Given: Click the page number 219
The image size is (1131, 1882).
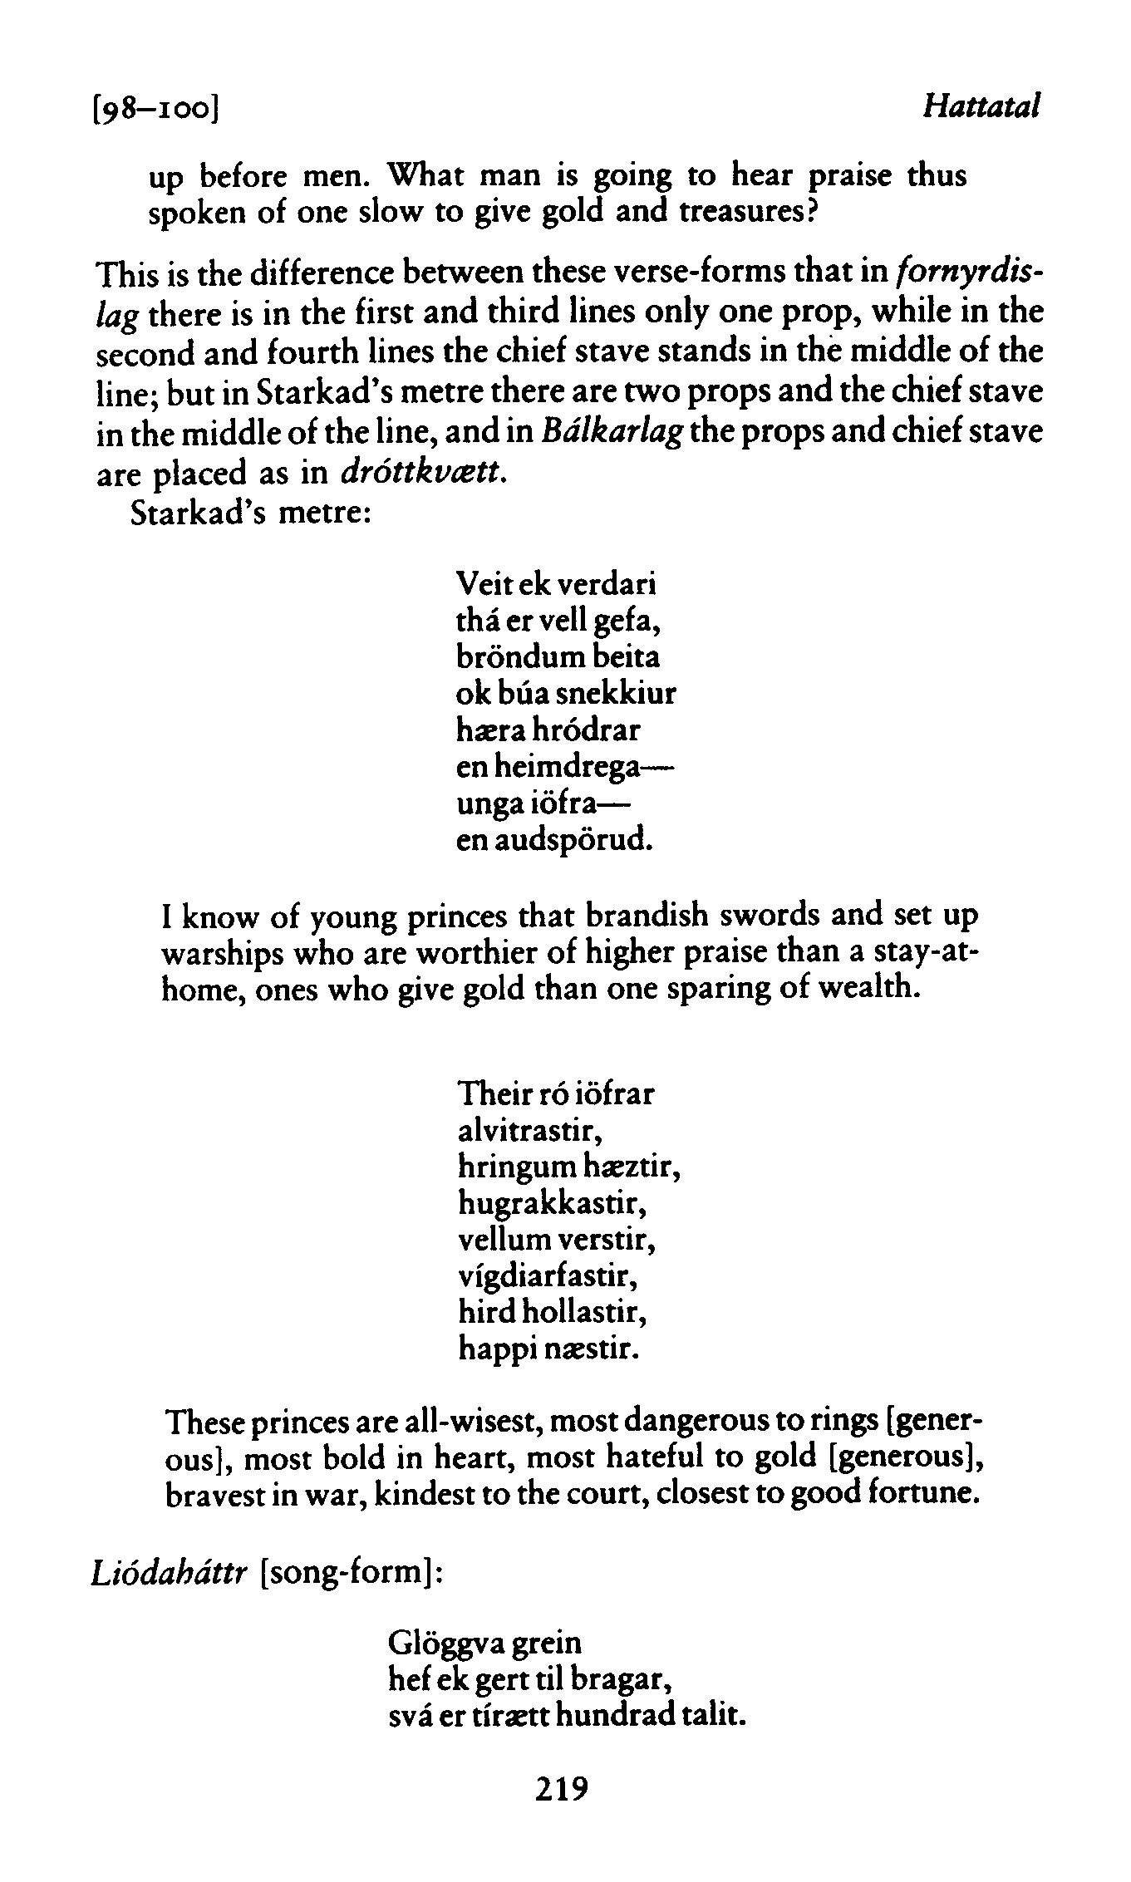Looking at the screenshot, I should (x=562, y=1787).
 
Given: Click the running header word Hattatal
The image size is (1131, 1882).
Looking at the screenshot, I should (x=982, y=107).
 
